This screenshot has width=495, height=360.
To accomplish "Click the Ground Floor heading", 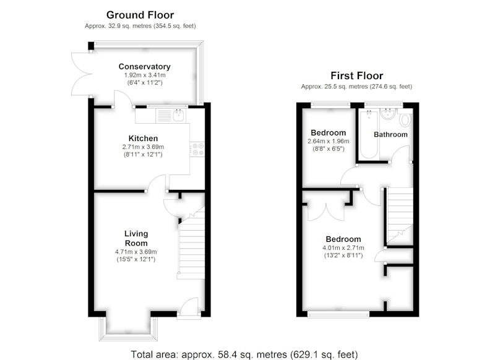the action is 140,15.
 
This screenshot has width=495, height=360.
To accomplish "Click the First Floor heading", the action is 357,75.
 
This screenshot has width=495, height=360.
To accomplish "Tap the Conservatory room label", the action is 145,67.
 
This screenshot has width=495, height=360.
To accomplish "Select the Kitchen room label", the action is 143,138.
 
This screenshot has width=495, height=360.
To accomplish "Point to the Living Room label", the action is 136,238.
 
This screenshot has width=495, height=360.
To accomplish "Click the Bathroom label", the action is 390,134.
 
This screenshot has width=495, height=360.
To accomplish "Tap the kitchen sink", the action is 179,116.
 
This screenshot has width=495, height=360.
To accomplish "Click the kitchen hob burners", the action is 197,149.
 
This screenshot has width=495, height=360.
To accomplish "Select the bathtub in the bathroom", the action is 369,134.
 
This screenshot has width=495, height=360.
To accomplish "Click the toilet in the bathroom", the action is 405,119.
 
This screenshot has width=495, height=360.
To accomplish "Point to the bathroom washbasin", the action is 387,114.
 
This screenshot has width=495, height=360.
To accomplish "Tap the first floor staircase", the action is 400,216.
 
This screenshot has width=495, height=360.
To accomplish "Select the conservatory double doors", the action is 82,74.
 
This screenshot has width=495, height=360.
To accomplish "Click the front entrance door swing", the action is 189,306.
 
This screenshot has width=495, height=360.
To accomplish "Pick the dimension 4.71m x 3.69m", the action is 136,252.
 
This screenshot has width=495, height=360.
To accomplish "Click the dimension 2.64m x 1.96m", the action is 329,141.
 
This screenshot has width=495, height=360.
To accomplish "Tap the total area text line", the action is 244,354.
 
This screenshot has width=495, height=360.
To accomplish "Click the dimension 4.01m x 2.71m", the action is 343,247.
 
